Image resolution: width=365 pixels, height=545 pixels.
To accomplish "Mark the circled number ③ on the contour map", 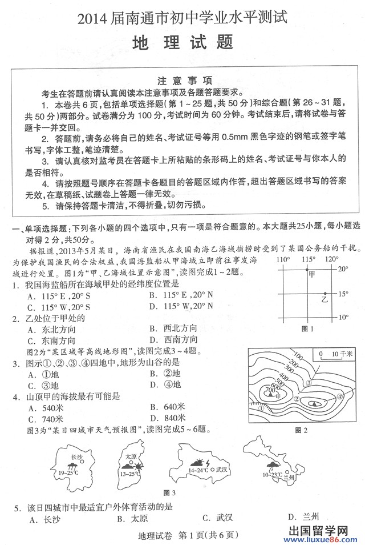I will click(308, 383).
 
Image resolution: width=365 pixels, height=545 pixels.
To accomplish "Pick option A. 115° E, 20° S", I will click(59, 295).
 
